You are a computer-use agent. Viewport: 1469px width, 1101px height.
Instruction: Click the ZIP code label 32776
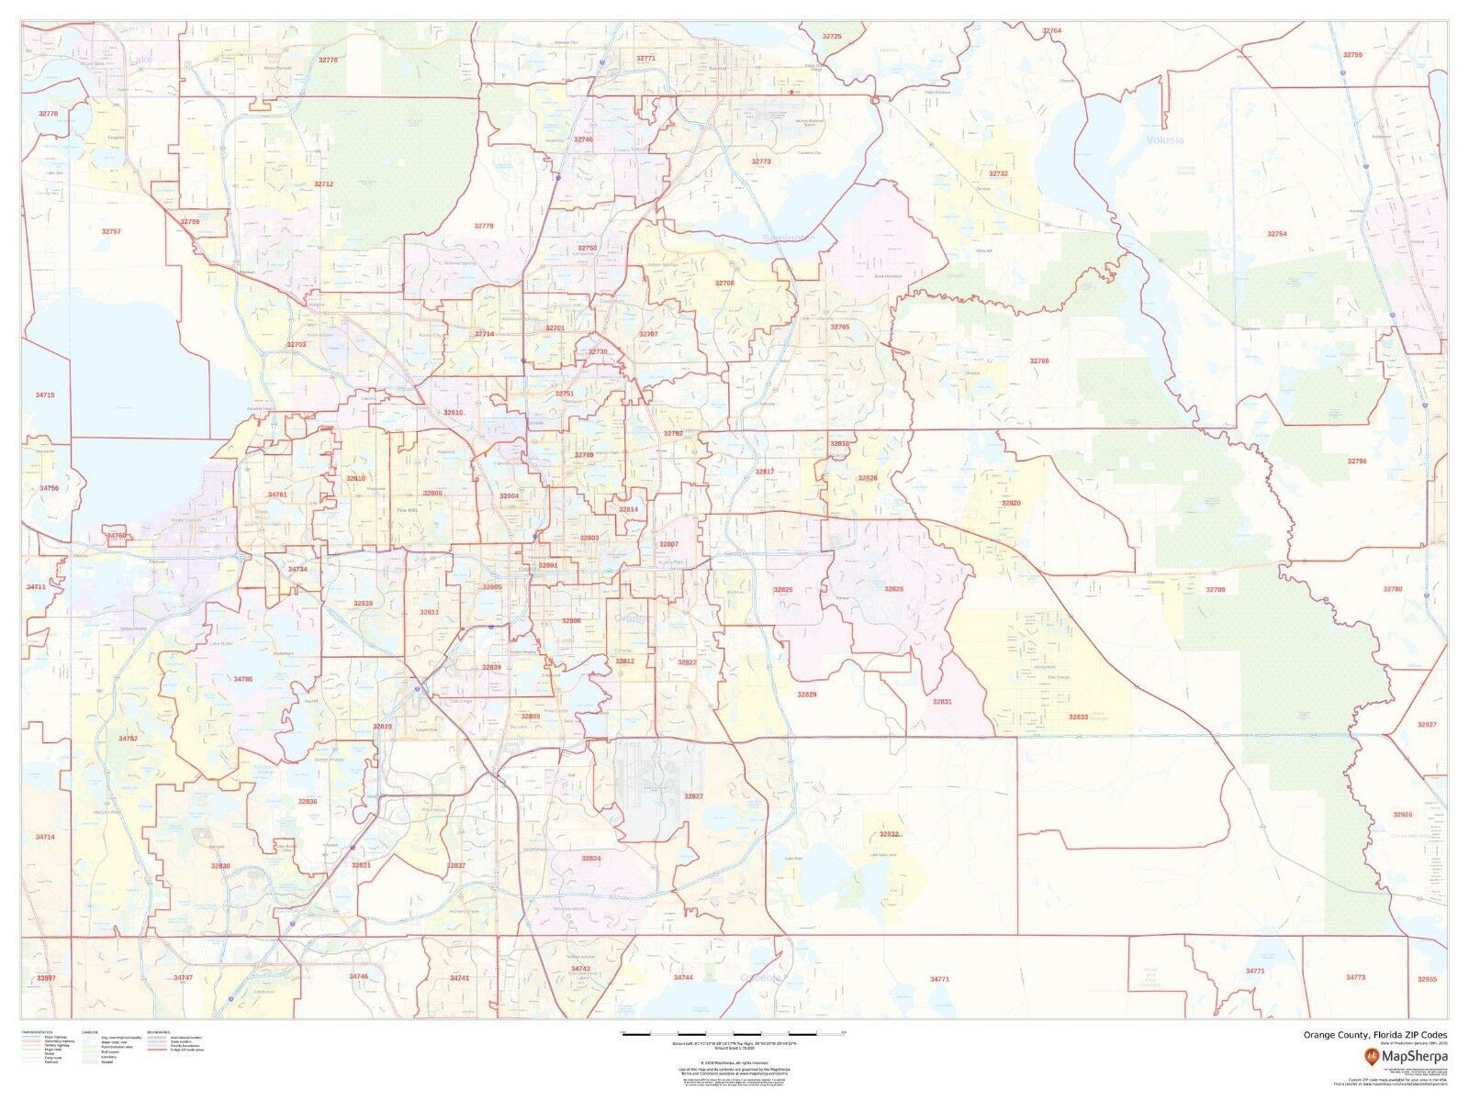pos(328,60)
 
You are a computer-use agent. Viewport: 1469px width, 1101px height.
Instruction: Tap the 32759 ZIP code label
pos(1352,55)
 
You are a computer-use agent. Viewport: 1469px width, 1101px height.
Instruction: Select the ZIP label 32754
pos(1277,234)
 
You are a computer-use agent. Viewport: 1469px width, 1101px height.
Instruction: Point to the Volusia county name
pos(1164,139)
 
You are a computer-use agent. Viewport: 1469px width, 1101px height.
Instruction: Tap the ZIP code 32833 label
pos(1078,717)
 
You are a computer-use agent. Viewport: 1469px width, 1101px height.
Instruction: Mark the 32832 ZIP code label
pos(889,834)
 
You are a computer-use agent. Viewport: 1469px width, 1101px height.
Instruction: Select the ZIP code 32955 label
pos(1427,979)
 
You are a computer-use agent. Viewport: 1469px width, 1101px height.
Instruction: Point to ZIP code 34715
pos(45,395)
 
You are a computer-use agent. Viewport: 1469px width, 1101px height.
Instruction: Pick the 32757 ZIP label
pos(111,231)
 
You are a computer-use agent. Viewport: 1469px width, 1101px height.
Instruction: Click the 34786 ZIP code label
pos(242,679)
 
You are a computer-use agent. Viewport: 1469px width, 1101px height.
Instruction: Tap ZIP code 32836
pos(308,801)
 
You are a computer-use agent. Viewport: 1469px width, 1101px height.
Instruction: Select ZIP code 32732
pos(998,172)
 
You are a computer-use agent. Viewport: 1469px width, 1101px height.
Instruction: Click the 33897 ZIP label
pos(45,979)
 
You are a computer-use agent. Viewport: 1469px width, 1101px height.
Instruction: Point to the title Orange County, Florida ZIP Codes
pos(1375,1035)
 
